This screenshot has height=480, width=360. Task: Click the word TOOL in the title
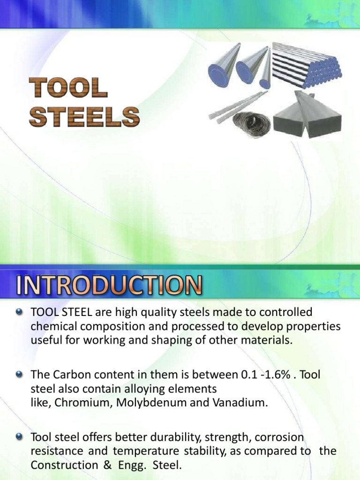click(x=68, y=88)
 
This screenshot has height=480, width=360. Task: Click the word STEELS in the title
click(x=84, y=116)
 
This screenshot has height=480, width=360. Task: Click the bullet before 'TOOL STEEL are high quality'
click(x=19, y=311)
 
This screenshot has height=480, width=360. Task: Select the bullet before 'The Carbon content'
click(x=19, y=374)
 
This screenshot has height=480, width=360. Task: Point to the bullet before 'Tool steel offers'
click(x=19, y=437)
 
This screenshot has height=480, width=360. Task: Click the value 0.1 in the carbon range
click(x=248, y=375)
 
